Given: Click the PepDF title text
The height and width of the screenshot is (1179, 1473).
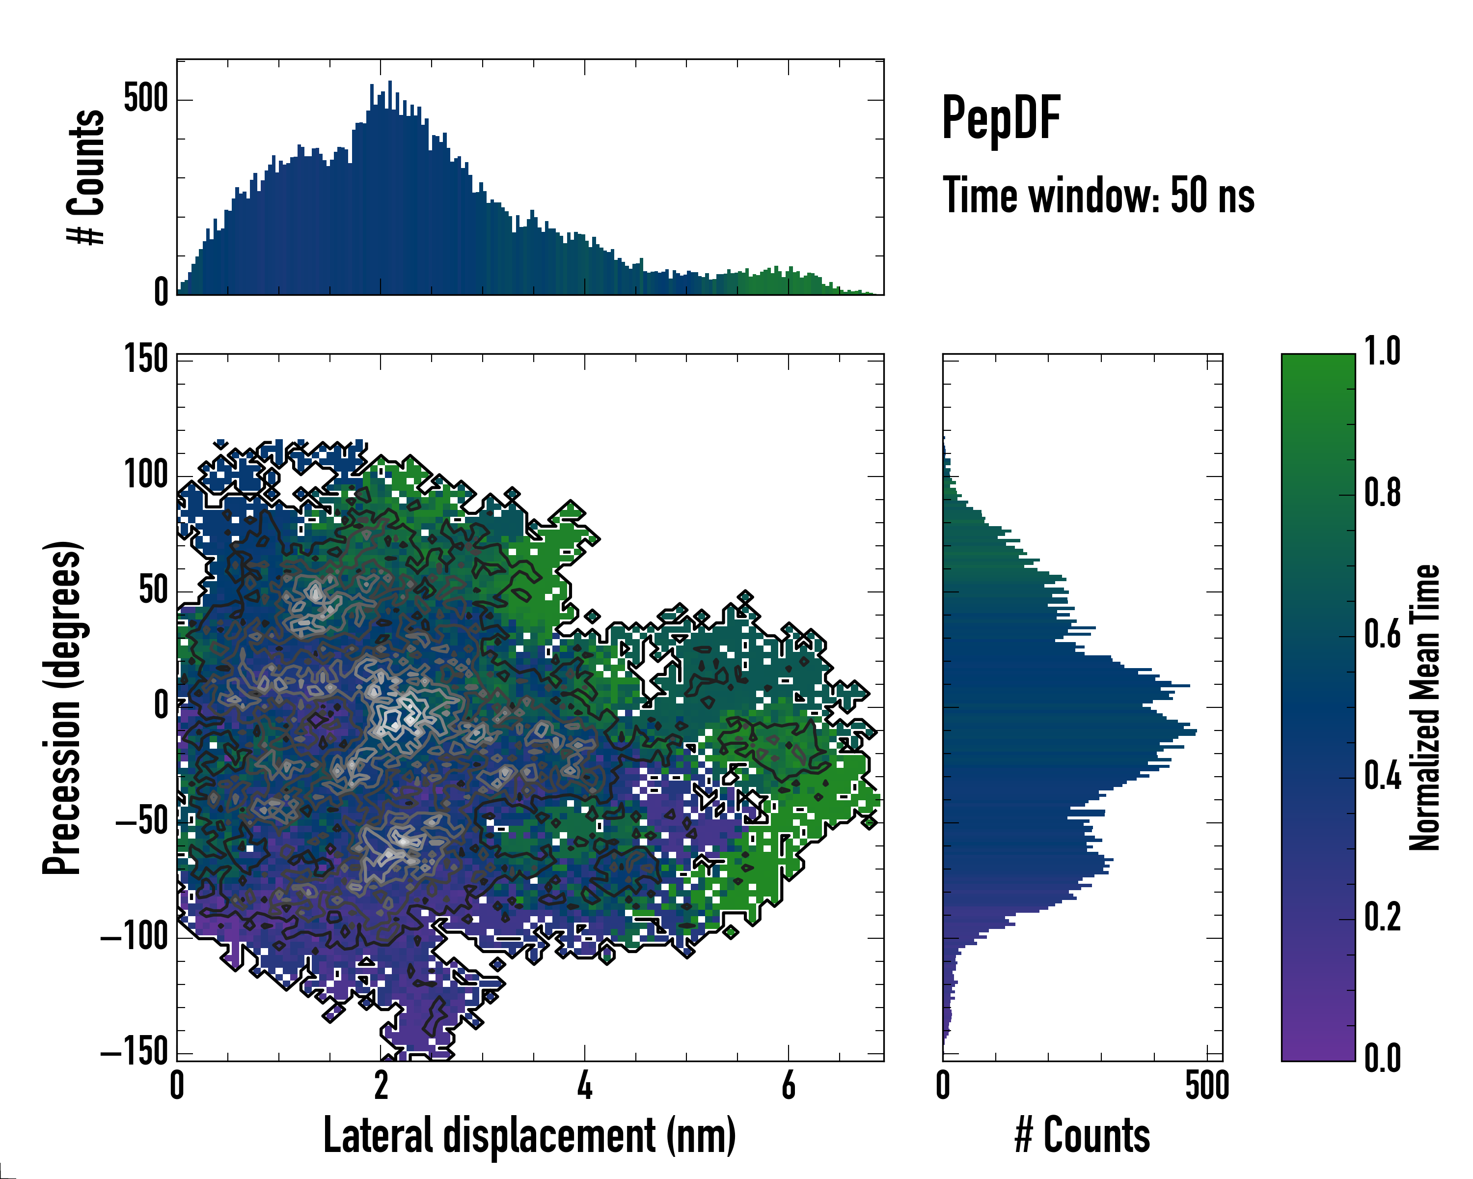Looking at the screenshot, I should (x=1001, y=119).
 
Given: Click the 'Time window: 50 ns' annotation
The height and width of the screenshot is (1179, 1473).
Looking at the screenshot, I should (x=1098, y=196).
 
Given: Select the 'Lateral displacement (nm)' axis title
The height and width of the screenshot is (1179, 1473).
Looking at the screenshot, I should (x=529, y=1135).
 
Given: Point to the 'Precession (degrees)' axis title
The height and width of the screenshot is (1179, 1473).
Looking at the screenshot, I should (x=63, y=707).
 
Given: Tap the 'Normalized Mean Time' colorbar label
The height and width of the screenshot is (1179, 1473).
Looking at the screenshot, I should (x=1424, y=707).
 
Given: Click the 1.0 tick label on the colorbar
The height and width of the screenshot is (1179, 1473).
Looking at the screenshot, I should (x=1382, y=352).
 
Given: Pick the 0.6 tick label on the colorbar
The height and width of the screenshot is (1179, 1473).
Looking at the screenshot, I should (x=1382, y=634).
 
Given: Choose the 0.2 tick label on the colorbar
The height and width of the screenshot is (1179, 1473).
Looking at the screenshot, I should (x=1382, y=917).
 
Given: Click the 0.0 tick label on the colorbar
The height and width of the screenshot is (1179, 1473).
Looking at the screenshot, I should (x=1382, y=1058).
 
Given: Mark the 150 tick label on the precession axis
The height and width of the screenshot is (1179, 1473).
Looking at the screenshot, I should (x=145, y=359).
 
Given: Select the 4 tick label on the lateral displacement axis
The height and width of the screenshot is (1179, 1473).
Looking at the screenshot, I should (x=585, y=1085).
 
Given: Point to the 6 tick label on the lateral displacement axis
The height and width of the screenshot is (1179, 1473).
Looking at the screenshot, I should (x=789, y=1085).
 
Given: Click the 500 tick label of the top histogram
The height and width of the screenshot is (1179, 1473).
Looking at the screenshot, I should (x=145, y=99).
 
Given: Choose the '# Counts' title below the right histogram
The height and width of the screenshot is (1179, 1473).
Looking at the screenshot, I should (x=1082, y=1135).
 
